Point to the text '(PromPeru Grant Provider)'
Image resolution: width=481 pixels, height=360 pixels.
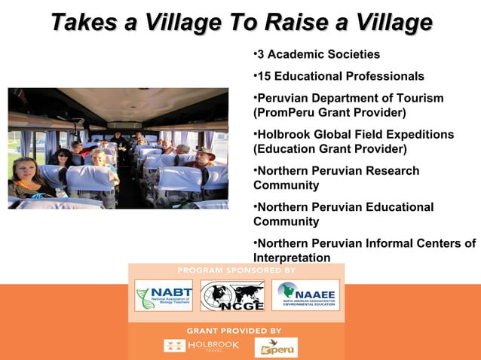click(329, 113)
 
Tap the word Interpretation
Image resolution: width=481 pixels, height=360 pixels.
click(292, 258)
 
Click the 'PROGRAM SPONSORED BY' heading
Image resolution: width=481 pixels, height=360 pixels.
click(236, 270)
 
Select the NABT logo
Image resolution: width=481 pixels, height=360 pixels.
click(164, 294)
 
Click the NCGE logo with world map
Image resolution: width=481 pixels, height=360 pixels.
click(237, 295)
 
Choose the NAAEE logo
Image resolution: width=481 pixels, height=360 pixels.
click(305, 294)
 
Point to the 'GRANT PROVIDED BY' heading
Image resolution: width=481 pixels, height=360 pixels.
click(234, 331)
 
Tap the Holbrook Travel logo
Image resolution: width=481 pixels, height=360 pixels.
click(201, 346)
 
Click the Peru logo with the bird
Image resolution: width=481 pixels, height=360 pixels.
click(276, 347)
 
